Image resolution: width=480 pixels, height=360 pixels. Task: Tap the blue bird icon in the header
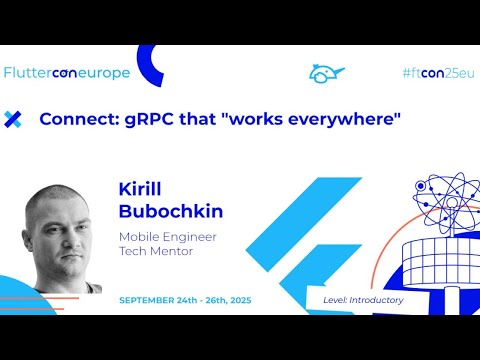[x=326, y=73]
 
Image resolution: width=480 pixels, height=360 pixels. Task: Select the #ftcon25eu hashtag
[x=436, y=73]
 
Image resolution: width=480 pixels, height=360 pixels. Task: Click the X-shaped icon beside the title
[x=13, y=120]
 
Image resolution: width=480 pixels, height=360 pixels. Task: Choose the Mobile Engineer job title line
[x=167, y=237]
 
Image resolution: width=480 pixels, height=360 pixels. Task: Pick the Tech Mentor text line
[x=158, y=253]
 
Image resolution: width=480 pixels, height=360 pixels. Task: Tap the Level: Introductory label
[x=363, y=300]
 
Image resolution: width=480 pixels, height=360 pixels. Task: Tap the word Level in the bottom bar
[x=335, y=300]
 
